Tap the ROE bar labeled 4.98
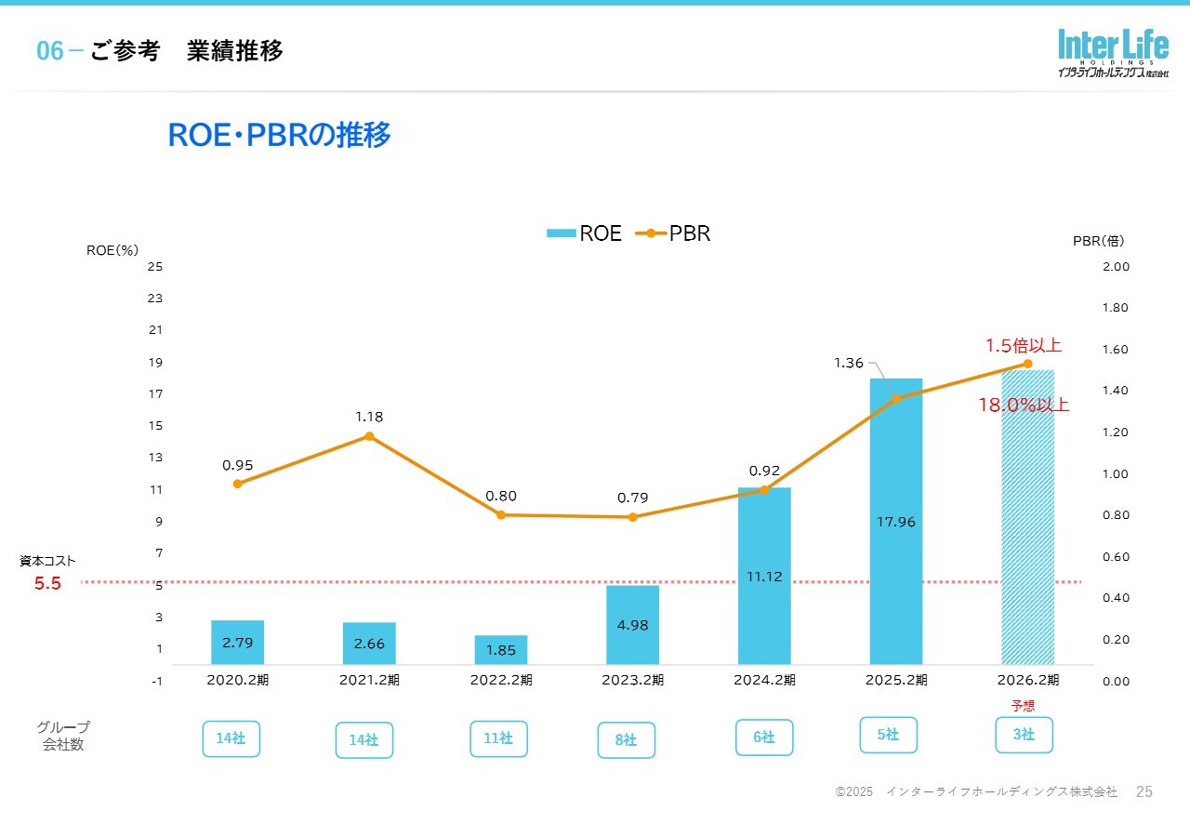point(632,624)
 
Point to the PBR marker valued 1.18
point(369,436)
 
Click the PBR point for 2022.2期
point(501,514)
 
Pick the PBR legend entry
point(673,233)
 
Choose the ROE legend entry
point(585,233)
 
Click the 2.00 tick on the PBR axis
point(1115,267)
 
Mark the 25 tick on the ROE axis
point(154,267)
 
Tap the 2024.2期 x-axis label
point(764,680)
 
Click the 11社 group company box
point(498,738)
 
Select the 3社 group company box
point(1024,735)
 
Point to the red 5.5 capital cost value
point(47,584)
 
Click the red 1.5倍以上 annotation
point(1023,346)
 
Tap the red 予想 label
point(1023,706)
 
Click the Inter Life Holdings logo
point(1112,53)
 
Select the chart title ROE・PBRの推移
point(279,136)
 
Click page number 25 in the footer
point(1144,791)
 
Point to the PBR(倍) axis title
point(1098,241)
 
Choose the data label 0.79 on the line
point(632,498)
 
